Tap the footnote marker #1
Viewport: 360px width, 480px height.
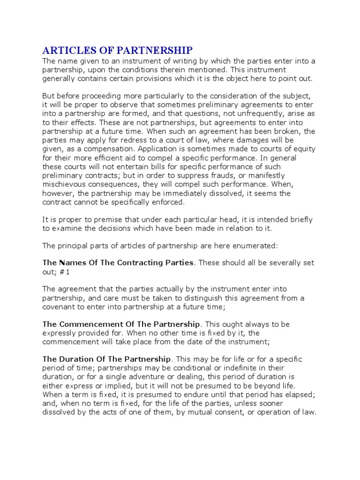click(x=67, y=272)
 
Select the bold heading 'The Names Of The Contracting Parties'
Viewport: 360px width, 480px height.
click(x=118, y=262)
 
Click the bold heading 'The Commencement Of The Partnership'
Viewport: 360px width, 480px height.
click(x=121, y=324)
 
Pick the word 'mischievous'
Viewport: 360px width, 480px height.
click(x=65, y=185)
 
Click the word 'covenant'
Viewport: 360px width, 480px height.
click(x=60, y=307)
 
